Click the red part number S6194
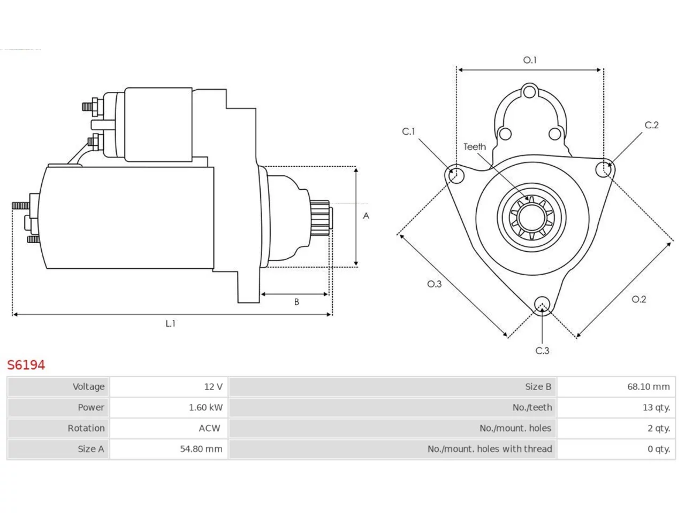26,365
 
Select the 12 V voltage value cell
169,386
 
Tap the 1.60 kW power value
205,407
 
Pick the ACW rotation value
209,428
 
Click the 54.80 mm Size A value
201,449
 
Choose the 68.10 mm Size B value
649,386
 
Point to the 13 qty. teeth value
656,407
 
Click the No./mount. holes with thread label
490,449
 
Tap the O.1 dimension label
530,60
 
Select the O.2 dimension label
639,299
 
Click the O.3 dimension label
435,284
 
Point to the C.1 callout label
408,131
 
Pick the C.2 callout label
652,125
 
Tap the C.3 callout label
542,351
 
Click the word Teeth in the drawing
475,147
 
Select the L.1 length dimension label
170,324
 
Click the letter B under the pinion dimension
296,302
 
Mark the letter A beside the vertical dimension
366,216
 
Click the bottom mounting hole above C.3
542,304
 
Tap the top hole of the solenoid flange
530,92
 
